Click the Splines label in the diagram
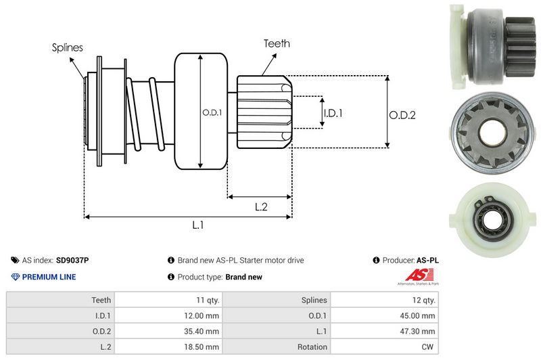coord(67,47)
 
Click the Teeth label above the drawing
coord(277,43)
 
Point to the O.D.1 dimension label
coord(212,112)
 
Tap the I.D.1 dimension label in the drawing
coord(333,113)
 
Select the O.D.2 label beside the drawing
coord(402,115)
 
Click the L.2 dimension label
coord(261,207)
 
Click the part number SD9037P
coord(72,260)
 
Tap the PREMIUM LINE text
coord(49,277)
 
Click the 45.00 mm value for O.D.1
coord(420,315)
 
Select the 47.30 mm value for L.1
coord(420,331)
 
